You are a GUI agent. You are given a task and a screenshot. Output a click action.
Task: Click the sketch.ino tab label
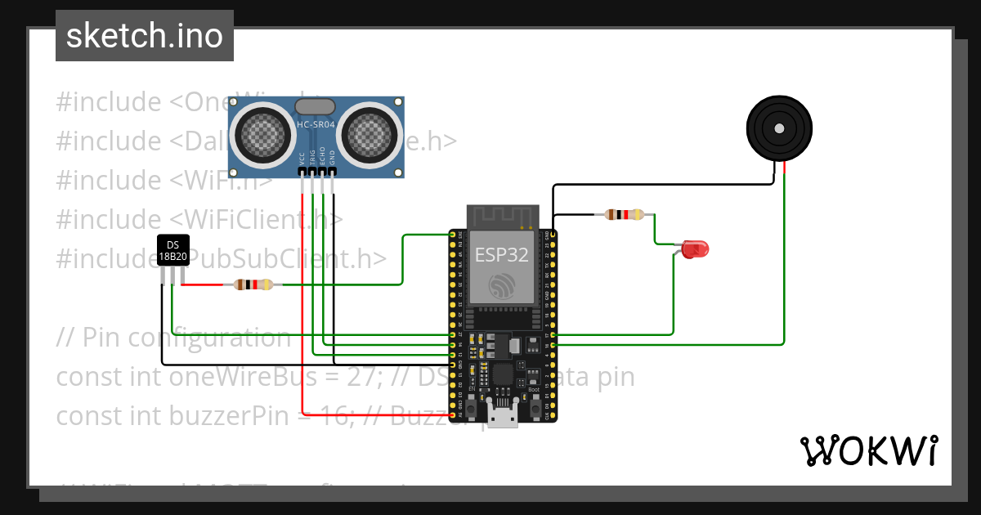[x=145, y=37]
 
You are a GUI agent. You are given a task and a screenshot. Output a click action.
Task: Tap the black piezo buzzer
[x=779, y=129]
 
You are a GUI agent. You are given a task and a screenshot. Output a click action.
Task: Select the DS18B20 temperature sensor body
[x=172, y=250]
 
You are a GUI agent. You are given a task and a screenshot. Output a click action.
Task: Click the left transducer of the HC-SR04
[x=261, y=132]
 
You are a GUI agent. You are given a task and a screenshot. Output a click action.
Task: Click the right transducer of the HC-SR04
[x=370, y=132]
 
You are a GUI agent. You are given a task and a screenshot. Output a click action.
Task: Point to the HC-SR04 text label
[x=316, y=124]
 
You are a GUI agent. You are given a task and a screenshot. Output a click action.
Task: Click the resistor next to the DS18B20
[x=253, y=284]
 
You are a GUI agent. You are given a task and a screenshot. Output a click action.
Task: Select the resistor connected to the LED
[x=624, y=215]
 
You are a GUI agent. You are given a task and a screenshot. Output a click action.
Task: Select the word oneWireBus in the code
[x=228, y=377]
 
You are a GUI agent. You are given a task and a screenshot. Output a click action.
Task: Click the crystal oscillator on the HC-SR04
[x=315, y=106]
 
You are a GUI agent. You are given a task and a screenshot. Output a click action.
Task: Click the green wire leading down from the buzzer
[x=784, y=262]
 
